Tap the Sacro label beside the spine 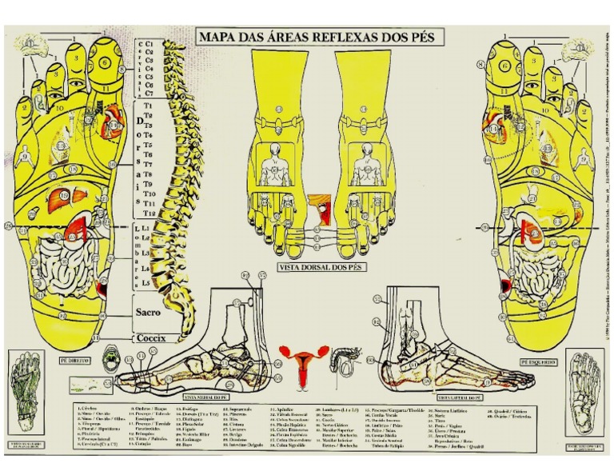tap(147, 313)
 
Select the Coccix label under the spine tap(150, 338)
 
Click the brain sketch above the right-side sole tap(582, 51)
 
